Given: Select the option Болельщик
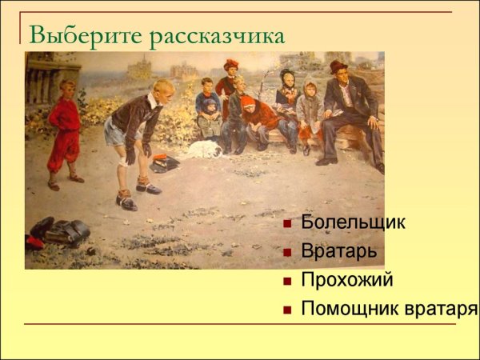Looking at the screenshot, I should tap(353, 222).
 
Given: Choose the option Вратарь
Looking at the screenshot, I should tap(339, 251).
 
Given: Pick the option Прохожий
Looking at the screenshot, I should tap(347, 279).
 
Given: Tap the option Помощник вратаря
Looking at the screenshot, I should tap(389, 308).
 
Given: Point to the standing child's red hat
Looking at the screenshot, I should tap(231, 64).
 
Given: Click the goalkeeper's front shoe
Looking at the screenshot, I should tap(126, 199).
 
